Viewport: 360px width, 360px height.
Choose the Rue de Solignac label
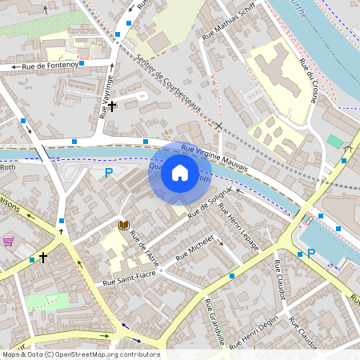coord(209,204)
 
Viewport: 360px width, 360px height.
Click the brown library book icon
coord(123,226)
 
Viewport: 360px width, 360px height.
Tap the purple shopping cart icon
coord(9,242)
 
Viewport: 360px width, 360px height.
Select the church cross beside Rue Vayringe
coord(112,106)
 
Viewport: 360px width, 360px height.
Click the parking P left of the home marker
coord(109,172)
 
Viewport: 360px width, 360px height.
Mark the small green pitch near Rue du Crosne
coord(334,141)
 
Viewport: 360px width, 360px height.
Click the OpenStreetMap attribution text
coord(80,354)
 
